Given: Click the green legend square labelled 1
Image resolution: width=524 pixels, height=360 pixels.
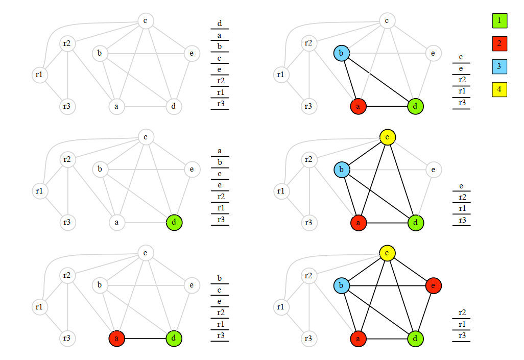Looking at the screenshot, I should coord(499,20).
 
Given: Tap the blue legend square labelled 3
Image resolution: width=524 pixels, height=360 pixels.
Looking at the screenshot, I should coord(499,66).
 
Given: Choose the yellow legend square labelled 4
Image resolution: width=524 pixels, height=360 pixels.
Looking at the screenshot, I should coord(499,89).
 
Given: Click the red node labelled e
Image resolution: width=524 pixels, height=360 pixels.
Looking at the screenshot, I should coord(433,285).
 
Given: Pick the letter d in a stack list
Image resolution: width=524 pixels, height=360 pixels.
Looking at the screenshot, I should coord(220,23).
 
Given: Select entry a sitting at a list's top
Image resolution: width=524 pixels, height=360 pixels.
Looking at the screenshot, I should coord(220,151).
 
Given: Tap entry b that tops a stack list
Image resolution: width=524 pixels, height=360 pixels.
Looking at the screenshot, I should coord(220,278).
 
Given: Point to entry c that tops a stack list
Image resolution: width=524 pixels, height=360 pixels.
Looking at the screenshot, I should coord(461,57).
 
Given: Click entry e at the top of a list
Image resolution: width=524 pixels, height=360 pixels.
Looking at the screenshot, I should coord(461,186).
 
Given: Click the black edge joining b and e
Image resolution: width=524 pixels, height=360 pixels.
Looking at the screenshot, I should coord(387,285).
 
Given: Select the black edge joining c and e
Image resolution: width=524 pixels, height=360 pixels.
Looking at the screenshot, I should coord(410,269).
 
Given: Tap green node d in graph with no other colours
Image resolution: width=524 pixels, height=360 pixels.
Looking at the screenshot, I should coord(174,222).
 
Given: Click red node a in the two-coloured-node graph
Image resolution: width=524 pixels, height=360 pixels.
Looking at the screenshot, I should coord(117,338).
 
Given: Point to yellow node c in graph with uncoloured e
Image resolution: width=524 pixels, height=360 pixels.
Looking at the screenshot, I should coord(388,137).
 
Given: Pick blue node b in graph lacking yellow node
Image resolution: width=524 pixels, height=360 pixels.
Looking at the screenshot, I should coord(342,53).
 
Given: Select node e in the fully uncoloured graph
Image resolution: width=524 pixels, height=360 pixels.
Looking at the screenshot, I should coord(192,53).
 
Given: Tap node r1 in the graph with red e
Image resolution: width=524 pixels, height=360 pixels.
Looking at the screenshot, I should coord(280,307).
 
